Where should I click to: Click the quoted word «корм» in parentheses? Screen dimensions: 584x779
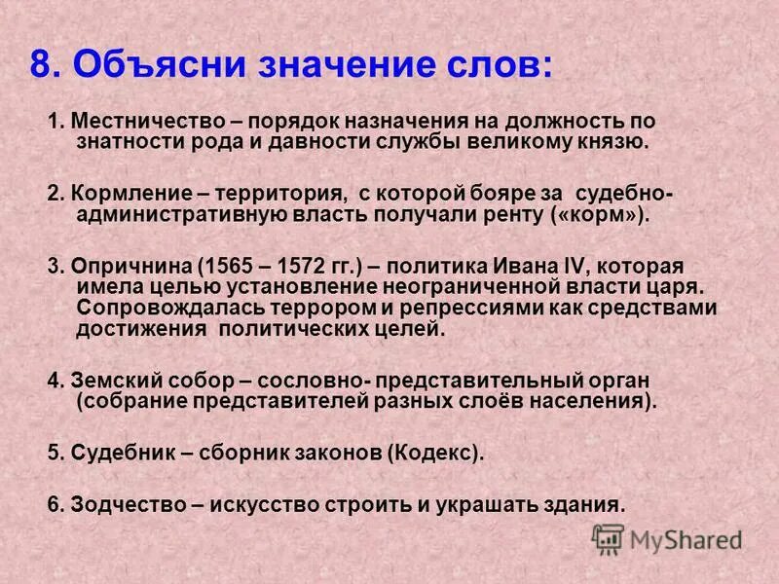[610, 214]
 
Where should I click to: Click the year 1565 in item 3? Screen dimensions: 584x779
[227, 267]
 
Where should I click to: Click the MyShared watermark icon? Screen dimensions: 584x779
[609, 538]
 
